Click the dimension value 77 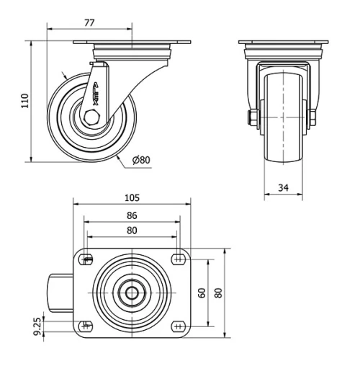90,22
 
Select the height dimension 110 24,101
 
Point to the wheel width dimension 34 282,188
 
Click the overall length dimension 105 132,197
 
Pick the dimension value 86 132,215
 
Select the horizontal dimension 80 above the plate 132,231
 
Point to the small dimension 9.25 35,320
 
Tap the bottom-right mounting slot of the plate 178,326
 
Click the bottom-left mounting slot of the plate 87,326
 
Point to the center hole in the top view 132,293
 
